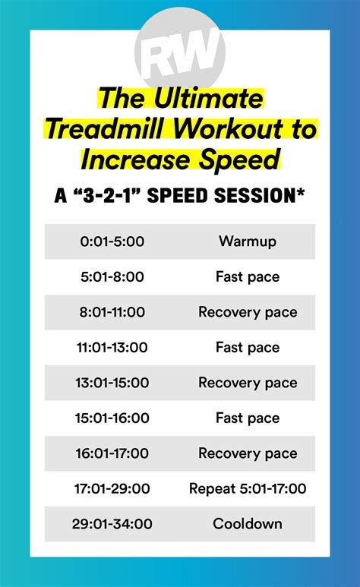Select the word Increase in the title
coord(125,161)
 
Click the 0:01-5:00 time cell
coord(112,241)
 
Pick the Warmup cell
coord(248,241)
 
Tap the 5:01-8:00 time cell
coord(112,277)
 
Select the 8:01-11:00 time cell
coord(112,312)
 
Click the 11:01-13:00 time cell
coord(112,348)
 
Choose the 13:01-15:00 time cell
coord(112,383)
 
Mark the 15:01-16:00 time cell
coord(112,418)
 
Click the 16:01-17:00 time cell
coord(112,453)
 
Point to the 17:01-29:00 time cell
coord(112,489)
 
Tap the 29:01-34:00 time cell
coord(112,524)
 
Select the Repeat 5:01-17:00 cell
coord(248,489)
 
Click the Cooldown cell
coord(248,524)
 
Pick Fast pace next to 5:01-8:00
coord(248,277)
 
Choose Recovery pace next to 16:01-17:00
coord(248,453)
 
